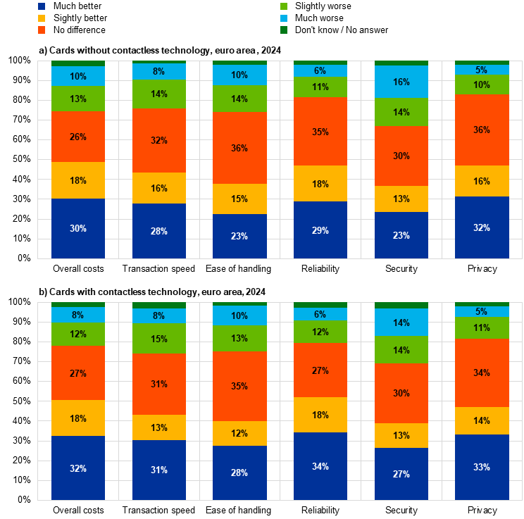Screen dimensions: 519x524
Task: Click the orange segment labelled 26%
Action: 78,137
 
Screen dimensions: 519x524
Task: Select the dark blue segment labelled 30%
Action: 78,228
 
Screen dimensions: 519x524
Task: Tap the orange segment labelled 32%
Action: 159,140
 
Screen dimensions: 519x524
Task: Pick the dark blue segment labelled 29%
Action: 320,230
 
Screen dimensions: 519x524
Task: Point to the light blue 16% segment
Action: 401,82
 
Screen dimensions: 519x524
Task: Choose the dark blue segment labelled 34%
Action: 320,466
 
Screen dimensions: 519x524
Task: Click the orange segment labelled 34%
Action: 482,373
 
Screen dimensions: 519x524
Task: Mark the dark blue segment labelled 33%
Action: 482,467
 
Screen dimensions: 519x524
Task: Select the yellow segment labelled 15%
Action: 239,199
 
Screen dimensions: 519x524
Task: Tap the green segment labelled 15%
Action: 159,339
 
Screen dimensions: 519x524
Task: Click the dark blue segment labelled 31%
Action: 159,470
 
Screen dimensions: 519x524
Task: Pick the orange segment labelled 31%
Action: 159,384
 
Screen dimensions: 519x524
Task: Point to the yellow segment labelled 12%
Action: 239,433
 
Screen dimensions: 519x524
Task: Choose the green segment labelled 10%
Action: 482,85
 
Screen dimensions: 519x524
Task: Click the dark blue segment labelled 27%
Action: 401,474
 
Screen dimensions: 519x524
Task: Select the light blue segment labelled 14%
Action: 401,323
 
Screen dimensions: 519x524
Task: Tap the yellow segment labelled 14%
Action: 482,420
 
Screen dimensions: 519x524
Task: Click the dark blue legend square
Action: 42,6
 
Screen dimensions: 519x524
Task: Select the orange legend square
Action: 42,30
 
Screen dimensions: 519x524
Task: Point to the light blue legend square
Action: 284,18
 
